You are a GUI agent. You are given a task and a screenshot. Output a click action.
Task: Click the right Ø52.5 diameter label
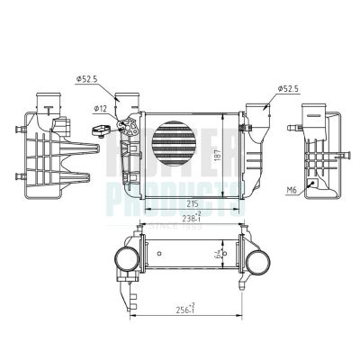286,88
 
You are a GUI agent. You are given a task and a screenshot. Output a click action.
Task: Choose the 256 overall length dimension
186,309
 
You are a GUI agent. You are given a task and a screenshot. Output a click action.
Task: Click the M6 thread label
291,191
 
